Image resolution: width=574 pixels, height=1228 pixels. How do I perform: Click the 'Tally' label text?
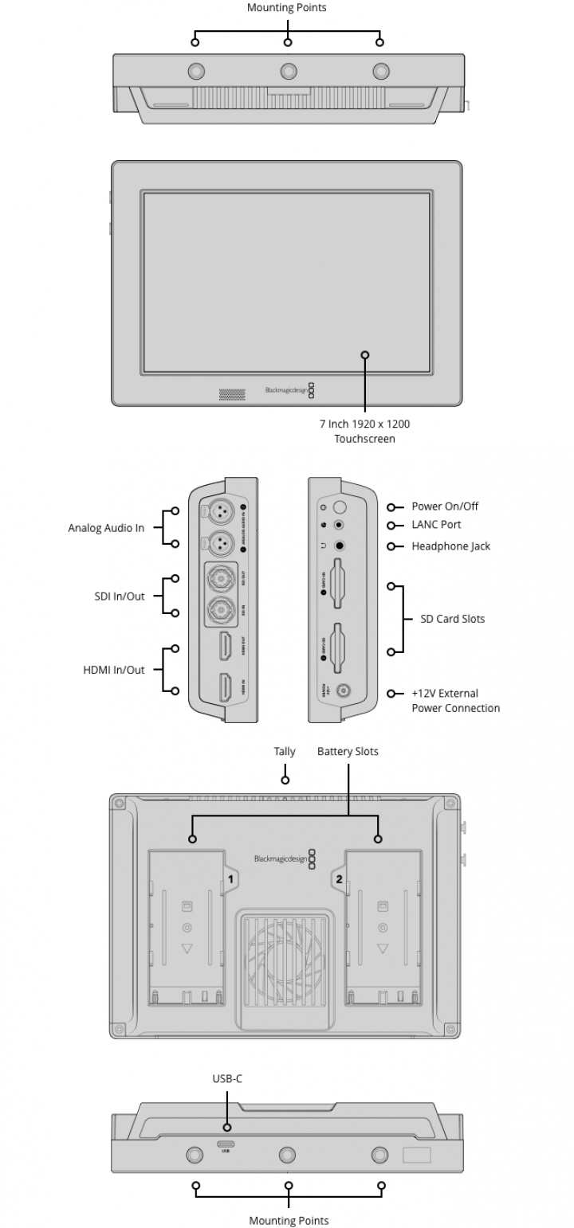pyautogui.click(x=285, y=751)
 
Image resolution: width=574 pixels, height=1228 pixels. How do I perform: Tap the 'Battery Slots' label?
pyautogui.click(x=348, y=751)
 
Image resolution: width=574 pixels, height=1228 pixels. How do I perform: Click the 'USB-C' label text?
pyautogui.click(x=227, y=1078)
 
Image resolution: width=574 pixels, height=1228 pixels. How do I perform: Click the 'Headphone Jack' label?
pyautogui.click(x=450, y=546)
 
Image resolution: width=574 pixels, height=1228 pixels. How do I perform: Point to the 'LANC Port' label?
pyautogui.click(x=436, y=525)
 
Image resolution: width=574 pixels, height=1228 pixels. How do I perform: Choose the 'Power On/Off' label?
pyautogui.click(x=445, y=506)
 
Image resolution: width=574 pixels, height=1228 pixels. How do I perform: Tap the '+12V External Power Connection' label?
pyautogui.click(x=455, y=701)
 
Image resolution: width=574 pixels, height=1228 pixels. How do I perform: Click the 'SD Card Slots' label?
pyautogui.click(x=452, y=619)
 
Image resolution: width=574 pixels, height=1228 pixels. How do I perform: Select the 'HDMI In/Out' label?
pyautogui.click(x=114, y=670)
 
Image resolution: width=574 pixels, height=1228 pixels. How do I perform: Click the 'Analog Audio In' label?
pyautogui.click(x=106, y=528)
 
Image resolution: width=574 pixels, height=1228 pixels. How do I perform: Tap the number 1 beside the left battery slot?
pyautogui.click(x=231, y=879)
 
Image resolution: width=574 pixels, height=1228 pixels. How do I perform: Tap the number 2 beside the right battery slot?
pyautogui.click(x=339, y=879)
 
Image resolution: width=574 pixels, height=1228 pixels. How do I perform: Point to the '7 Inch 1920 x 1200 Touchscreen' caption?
pyautogui.click(x=364, y=431)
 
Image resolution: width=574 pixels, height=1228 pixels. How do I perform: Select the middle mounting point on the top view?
pyautogui.click(x=288, y=71)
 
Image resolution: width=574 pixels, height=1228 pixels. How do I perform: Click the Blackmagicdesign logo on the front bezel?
pyautogui.click(x=285, y=390)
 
